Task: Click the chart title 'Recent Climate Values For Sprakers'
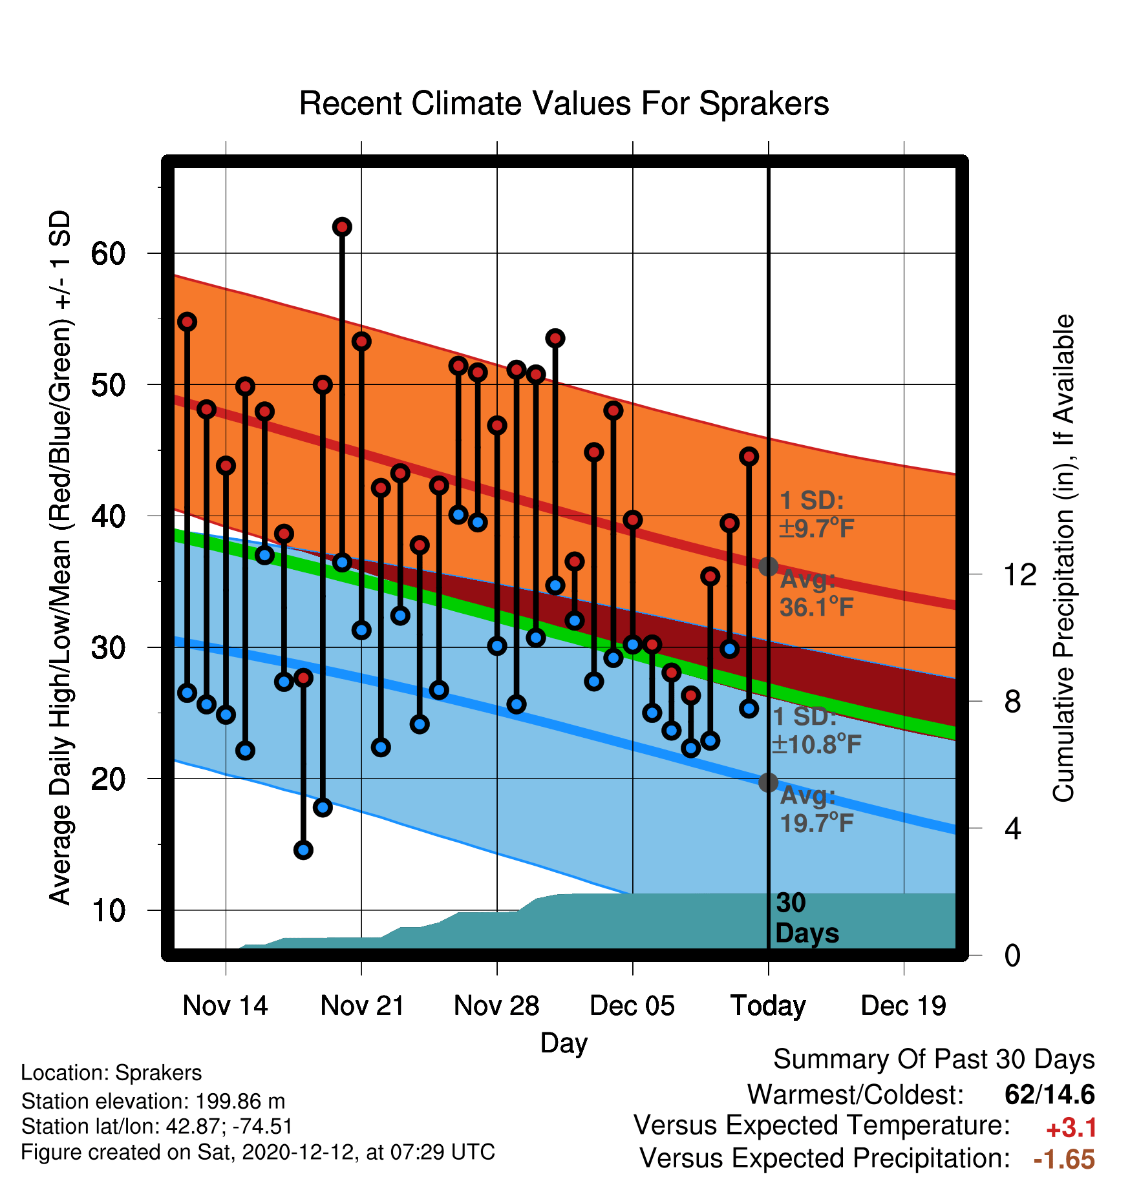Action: [564, 103]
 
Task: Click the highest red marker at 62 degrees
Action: [342, 227]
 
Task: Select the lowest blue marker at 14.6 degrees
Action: [303, 850]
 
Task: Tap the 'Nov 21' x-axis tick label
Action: [362, 1005]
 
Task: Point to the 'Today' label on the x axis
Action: [768, 1005]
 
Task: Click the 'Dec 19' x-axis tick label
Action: [904, 1005]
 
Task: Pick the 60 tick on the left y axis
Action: [108, 253]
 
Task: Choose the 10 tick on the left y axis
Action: [108, 910]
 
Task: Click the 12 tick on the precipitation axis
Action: [1020, 574]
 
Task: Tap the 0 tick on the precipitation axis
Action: [1012, 955]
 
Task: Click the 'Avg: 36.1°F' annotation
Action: [816, 593]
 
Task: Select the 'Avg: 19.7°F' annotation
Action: [816, 809]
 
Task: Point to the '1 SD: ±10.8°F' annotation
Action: [816, 731]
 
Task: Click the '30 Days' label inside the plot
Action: [807, 918]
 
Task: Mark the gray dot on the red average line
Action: [768, 567]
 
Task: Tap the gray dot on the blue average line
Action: [768, 782]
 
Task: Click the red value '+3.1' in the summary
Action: [1071, 1128]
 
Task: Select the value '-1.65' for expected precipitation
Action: [1064, 1159]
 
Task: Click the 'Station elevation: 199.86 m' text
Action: [153, 1101]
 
